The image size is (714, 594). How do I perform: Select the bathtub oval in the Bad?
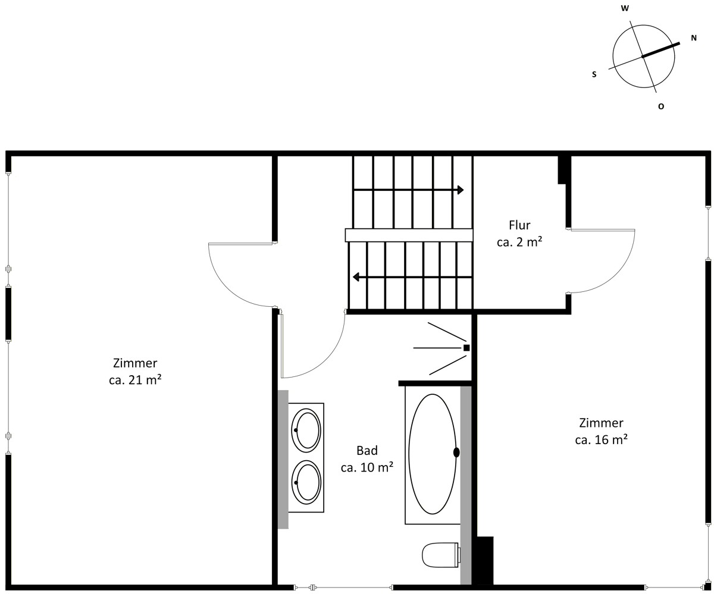click(x=432, y=454)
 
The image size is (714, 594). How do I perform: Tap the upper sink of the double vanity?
click(x=306, y=430)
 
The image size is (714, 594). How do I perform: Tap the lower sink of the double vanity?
click(x=306, y=482)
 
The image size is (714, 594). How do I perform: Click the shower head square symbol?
click(x=466, y=348)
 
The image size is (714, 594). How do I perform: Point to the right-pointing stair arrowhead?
click(x=461, y=190)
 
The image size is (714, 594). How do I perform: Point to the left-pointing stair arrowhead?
click(x=356, y=276)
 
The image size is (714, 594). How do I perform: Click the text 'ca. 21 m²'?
click(x=135, y=380)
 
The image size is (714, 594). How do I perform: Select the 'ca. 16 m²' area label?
click(x=601, y=440)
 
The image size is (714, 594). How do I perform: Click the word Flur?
click(x=519, y=225)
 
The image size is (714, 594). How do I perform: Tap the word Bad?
click(x=367, y=451)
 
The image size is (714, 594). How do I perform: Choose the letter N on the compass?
click(x=694, y=38)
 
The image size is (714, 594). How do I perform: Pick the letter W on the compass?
click(x=625, y=8)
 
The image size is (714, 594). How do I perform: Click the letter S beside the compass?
click(x=594, y=74)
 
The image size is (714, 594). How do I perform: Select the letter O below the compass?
click(x=661, y=106)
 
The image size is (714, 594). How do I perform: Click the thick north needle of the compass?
click(x=660, y=50)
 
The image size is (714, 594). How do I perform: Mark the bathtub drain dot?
click(x=456, y=452)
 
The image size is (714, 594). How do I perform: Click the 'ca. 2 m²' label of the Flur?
click(x=519, y=243)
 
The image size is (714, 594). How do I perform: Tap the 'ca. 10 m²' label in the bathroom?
click(x=367, y=467)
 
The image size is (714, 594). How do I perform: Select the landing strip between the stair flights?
click(x=409, y=235)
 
